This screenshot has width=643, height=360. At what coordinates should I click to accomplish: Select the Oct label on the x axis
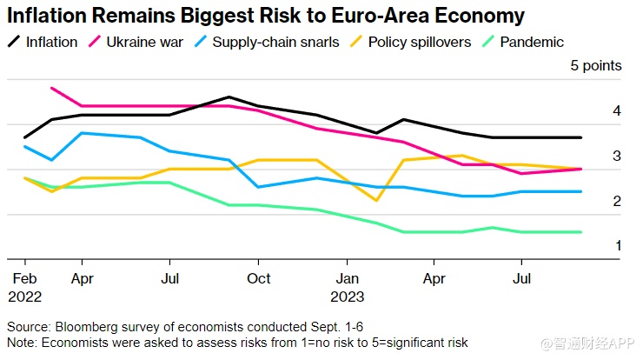tap(258, 278)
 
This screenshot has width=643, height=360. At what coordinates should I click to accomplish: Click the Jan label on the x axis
tap(348, 278)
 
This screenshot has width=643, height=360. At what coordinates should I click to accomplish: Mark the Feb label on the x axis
tap(23, 278)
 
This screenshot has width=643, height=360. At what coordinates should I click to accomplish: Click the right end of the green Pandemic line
tap(581, 232)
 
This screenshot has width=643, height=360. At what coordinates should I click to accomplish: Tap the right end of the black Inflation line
tap(581, 137)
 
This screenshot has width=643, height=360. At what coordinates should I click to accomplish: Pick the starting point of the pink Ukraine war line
tap(52, 88)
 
